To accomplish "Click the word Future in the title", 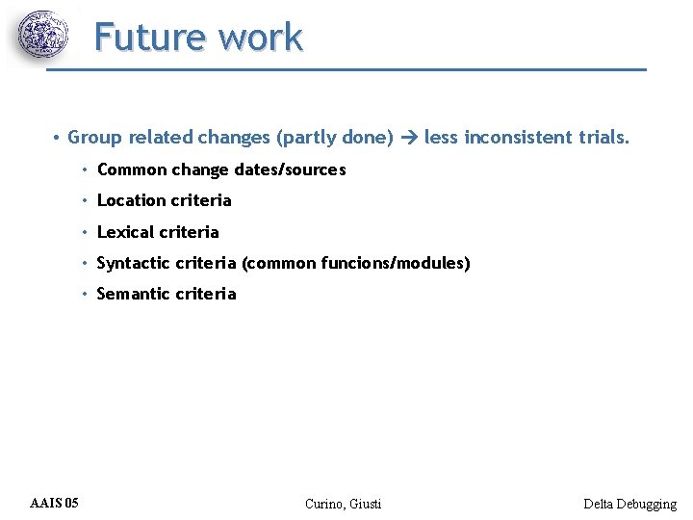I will tap(150, 38).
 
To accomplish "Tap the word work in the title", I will tap(261, 38).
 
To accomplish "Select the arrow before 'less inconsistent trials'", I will tap(408, 138).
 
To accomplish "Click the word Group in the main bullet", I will tap(94, 138).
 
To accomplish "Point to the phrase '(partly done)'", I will tap(335, 138).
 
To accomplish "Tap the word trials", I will tap(603, 138).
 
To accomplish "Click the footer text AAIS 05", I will tap(55, 503).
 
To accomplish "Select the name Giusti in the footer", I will tap(366, 504).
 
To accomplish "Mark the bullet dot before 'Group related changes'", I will tap(58, 138).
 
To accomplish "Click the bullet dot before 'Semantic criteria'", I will tap(87, 294).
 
